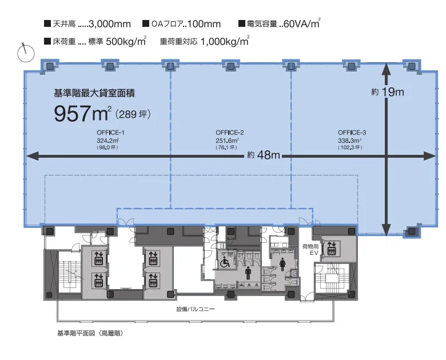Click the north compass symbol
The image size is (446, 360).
coord(26,53)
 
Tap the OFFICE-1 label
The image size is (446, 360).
coord(110,133)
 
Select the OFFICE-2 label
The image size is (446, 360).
coord(229,133)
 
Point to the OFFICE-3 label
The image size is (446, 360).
coord(352,133)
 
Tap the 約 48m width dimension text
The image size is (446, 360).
coord(264,155)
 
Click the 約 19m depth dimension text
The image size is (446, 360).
coord(388,92)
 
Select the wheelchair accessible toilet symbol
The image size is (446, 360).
coord(225,262)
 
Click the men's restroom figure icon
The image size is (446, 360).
coord(248,273)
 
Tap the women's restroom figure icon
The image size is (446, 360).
coord(282,265)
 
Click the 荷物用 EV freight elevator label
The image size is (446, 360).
coord(310,250)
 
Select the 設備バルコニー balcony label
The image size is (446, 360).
coord(196,309)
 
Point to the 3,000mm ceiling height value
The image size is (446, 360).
coord(110,24)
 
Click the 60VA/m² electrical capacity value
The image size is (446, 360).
coord(302,23)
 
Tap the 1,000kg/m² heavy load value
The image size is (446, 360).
coord(225,41)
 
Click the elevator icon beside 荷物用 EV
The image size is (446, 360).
coord(332,248)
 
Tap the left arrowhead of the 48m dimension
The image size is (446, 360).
coord(32,156)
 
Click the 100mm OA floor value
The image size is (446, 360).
coord(204,24)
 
